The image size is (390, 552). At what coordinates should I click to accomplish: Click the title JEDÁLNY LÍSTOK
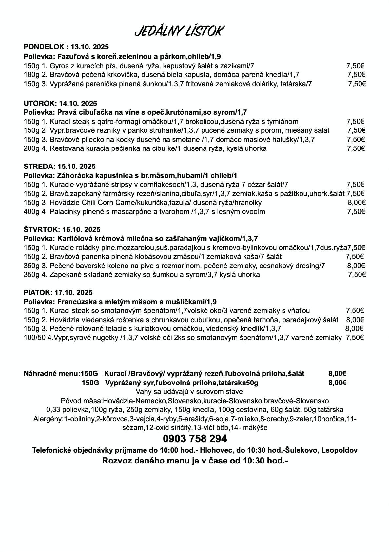179,31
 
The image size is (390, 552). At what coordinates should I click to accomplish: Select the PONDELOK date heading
66,46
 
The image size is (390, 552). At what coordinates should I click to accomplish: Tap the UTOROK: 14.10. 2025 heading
60,104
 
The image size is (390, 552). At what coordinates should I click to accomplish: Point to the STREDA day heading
60,166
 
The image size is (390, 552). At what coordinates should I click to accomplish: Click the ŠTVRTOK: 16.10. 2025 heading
62,229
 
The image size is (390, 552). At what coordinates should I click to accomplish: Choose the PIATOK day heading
58,292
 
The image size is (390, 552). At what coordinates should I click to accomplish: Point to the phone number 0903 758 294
195,439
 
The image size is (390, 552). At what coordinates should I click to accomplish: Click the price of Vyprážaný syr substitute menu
338,383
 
